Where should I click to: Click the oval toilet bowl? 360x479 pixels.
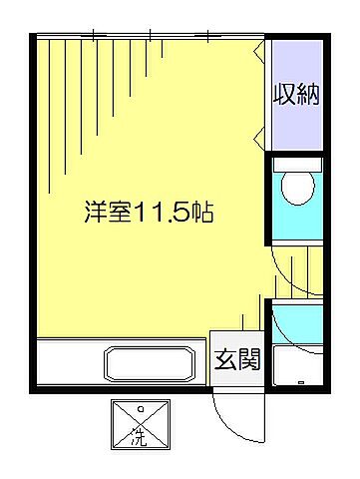(298, 187)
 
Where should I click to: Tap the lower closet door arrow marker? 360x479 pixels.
(260, 132)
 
